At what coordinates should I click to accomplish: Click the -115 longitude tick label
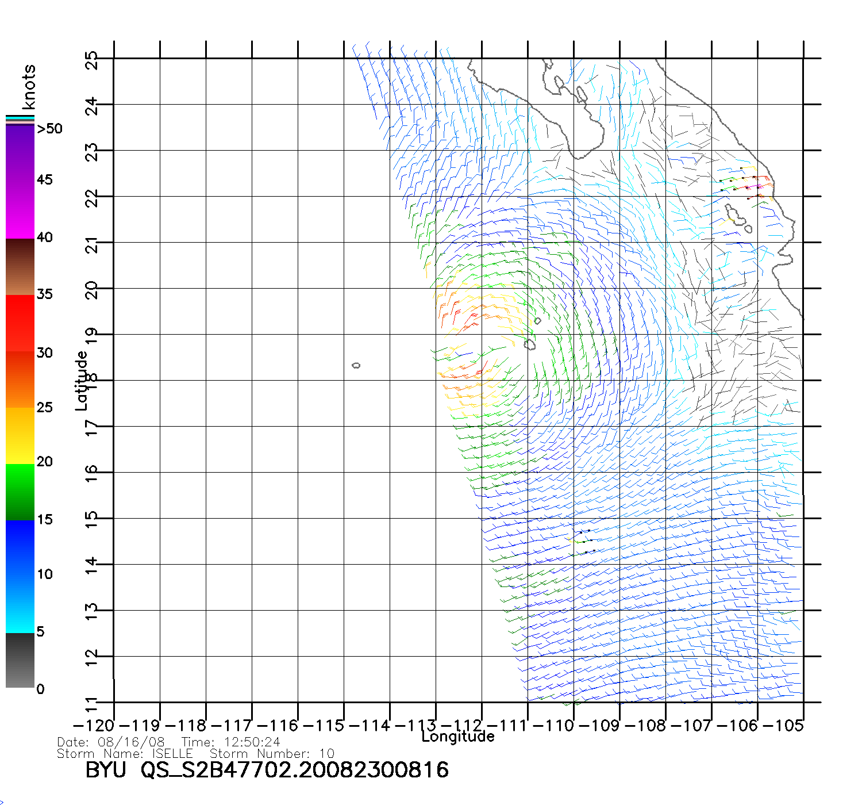[323, 726]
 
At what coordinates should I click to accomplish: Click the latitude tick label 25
[91, 60]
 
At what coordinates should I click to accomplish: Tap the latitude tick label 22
[91, 197]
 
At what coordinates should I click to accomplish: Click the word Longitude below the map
[458, 737]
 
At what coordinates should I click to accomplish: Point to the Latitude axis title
[82, 381]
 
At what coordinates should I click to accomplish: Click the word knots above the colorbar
[28, 87]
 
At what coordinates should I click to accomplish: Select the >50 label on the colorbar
[49, 129]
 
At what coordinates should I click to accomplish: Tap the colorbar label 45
[44, 180]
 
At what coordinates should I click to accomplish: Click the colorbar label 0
[40, 689]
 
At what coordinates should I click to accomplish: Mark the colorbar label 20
[44, 462]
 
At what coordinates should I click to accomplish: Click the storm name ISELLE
[172, 753]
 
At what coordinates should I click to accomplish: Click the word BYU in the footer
[106, 770]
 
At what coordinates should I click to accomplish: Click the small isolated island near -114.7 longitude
[356, 365]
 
